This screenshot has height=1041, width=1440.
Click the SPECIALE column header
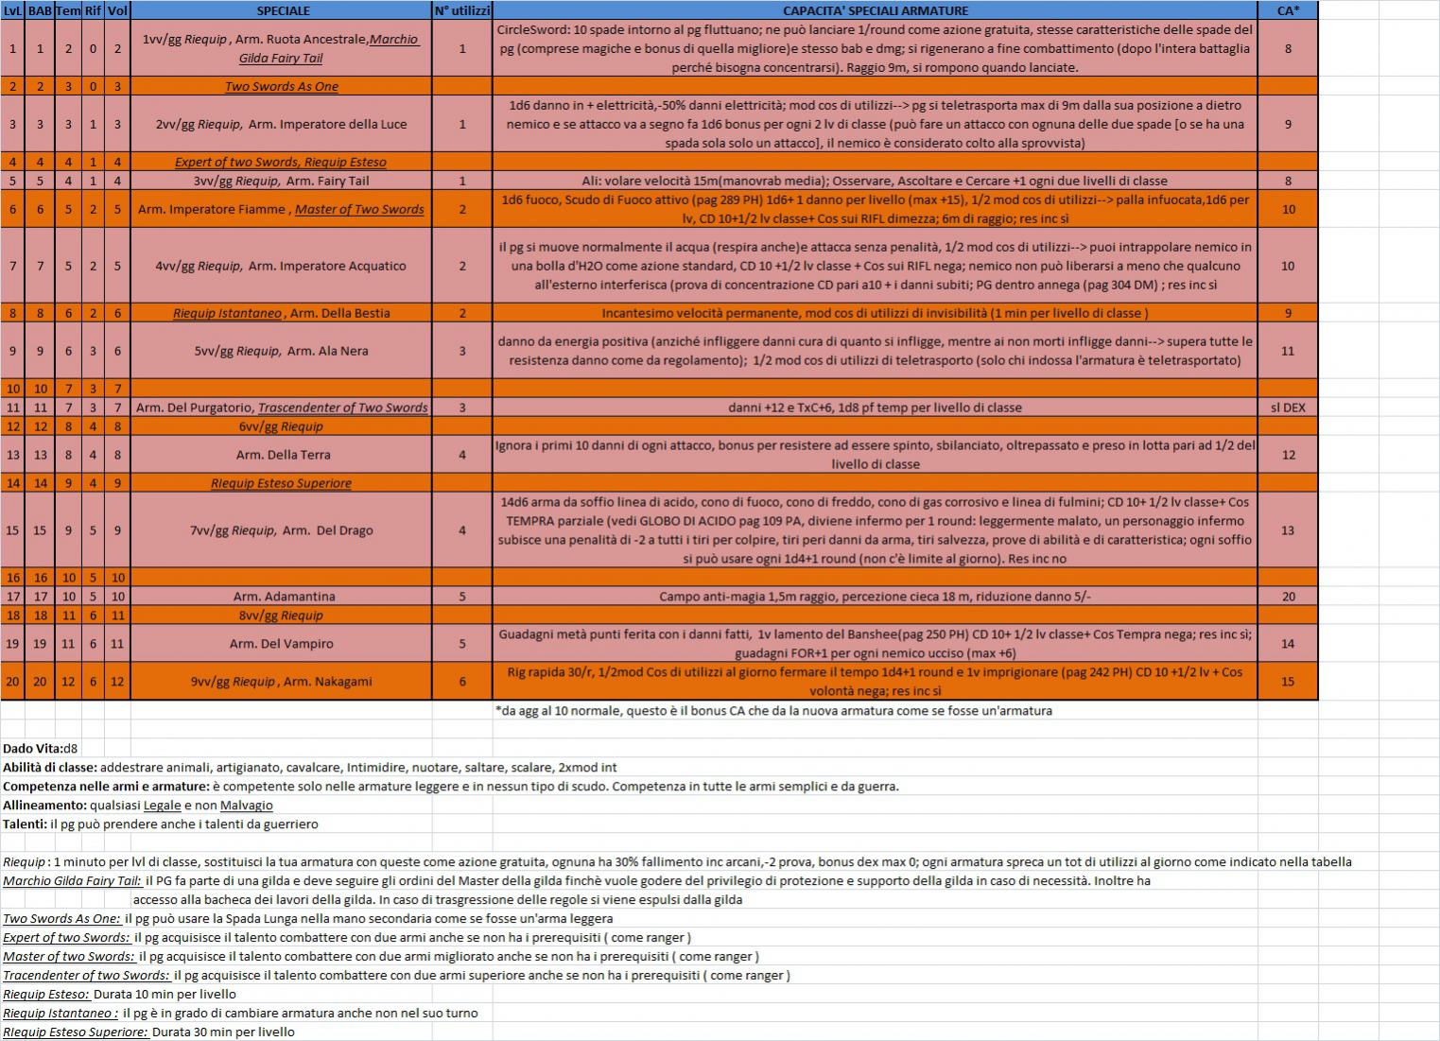282,10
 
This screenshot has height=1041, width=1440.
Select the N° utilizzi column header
461,10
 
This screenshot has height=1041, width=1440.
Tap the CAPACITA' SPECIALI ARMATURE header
875,10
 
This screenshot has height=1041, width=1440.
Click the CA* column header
1288,10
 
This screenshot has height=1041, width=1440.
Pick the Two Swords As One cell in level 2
281,86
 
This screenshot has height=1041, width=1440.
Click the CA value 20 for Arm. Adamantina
1288,597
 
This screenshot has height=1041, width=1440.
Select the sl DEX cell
1288,408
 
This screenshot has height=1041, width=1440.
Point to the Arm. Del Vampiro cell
281,644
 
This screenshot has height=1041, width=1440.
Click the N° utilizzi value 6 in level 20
461,682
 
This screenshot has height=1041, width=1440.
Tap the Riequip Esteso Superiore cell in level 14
281,483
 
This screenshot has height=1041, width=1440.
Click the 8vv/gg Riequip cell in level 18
281,616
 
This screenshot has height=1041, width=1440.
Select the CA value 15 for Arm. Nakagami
1288,682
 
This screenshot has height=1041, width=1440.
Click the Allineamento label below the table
44,806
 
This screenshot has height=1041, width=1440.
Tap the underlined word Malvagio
246,806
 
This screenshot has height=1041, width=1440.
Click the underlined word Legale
162,806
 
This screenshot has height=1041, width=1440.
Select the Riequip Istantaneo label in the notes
61,1013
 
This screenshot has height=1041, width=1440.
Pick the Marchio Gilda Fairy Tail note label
72,881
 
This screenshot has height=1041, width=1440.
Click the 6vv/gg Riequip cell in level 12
281,426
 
